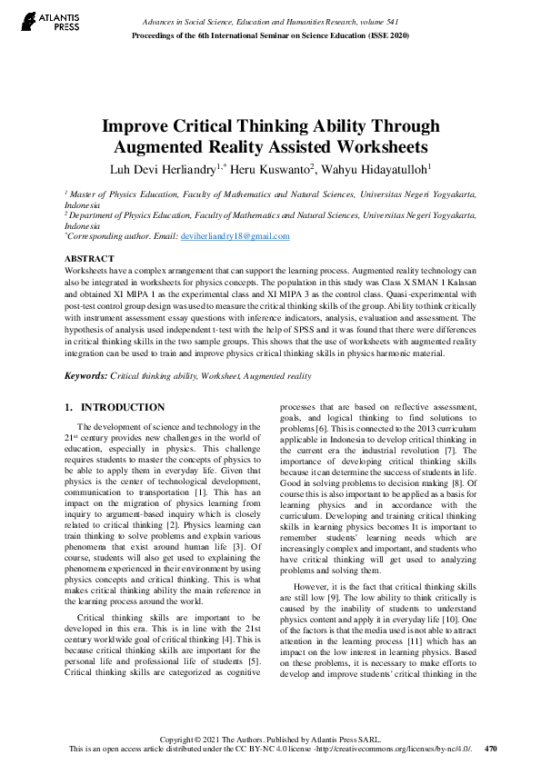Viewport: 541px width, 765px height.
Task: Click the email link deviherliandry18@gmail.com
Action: tap(235, 236)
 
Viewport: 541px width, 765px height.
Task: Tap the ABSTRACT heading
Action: tap(90, 258)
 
